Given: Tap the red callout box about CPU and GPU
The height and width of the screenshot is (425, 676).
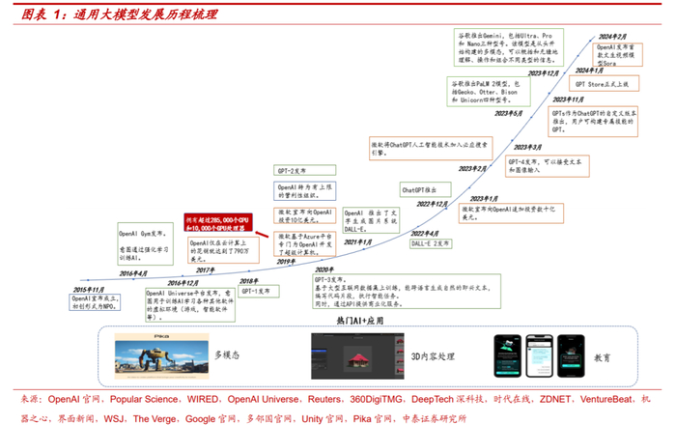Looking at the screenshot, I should click(219, 223).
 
